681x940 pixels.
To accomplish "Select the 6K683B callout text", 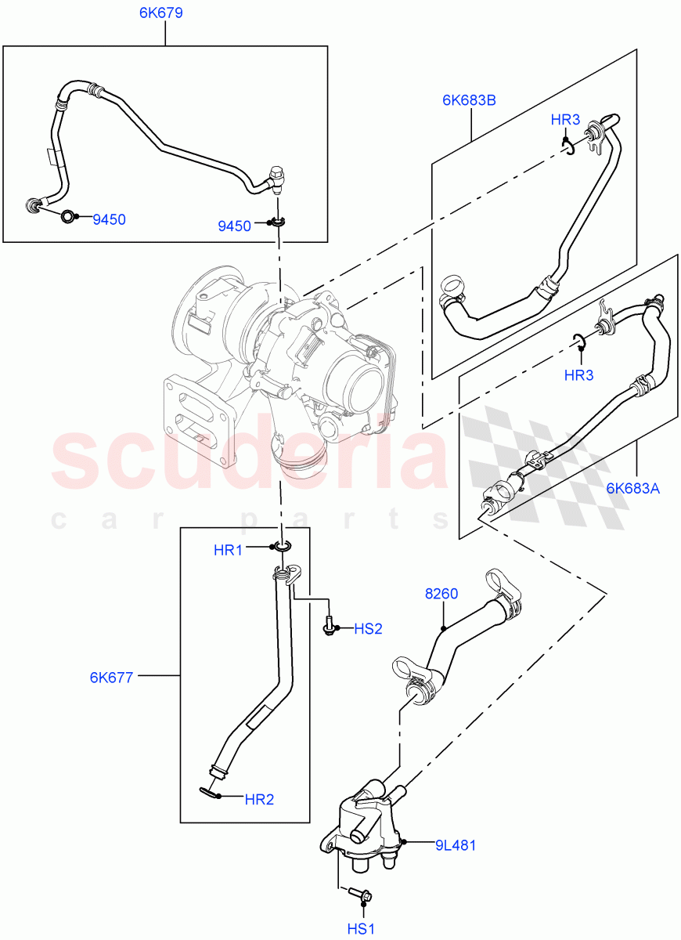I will click(469, 99).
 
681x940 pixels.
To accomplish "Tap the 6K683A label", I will click(632, 489).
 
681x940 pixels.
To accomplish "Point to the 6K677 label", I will click(112, 675).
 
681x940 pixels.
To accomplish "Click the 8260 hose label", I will click(441, 595).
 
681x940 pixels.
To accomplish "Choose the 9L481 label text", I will click(456, 845).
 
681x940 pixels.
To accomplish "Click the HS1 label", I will click(362, 927).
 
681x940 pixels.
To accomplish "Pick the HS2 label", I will click(368, 628).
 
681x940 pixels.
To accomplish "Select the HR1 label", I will click(228, 550).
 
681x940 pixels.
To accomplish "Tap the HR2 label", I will click(259, 800).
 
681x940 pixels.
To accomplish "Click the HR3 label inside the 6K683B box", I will click(565, 120).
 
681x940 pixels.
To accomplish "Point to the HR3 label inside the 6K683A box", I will click(578, 375).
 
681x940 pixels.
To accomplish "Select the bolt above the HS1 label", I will click(362, 893).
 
